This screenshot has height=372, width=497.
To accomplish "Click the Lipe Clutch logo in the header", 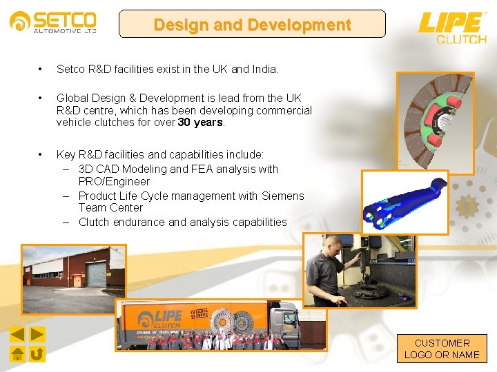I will (452, 27).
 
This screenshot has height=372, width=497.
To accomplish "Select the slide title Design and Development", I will (252, 25).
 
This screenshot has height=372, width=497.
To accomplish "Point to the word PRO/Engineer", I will (114, 182).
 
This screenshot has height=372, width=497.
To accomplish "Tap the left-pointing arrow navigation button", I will (18, 335).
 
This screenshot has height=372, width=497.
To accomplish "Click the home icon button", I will (18, 354).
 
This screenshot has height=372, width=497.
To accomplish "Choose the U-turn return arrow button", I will (37, 354).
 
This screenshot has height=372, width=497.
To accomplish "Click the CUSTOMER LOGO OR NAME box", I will (442, 349).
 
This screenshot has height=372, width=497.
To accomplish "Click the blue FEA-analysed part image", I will (405, 201).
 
